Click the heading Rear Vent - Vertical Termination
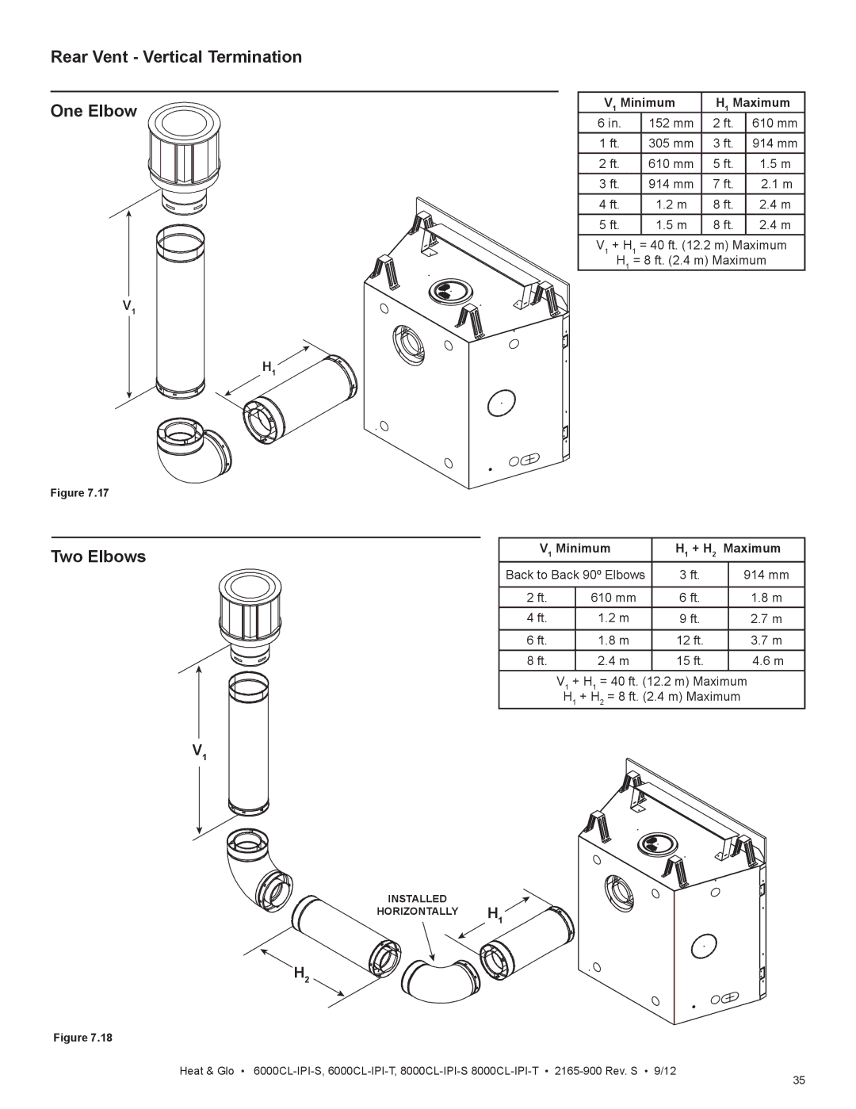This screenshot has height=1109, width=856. click(x=176, y=57)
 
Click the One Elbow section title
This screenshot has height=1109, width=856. click(x=94, y=111)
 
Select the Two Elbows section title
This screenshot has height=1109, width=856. click(x=98, y=556)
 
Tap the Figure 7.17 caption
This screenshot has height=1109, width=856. click(x=79, y=493)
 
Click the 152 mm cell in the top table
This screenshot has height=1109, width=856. click(x=671, y=123)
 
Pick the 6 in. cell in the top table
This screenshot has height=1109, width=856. click(x=609, y=123)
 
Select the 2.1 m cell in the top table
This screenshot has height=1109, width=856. click(x=775, y=184)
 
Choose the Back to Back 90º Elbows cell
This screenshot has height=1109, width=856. click(x=575, y=575)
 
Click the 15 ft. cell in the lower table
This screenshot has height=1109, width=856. click(x=689, y=660)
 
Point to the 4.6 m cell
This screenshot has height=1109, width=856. click(x=766, y=660)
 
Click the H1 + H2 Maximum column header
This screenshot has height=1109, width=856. click(x=728, y=549)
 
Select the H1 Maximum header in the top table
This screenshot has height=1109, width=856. click(x=753, y=103)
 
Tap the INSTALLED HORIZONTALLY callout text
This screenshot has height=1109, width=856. click(x=417, y=904)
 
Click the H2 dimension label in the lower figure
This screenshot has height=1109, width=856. click(x=301, y=973)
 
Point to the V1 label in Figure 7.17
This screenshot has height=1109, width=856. click(x=128, y=307)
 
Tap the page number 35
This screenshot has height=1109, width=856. click(x=799, y=1081)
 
